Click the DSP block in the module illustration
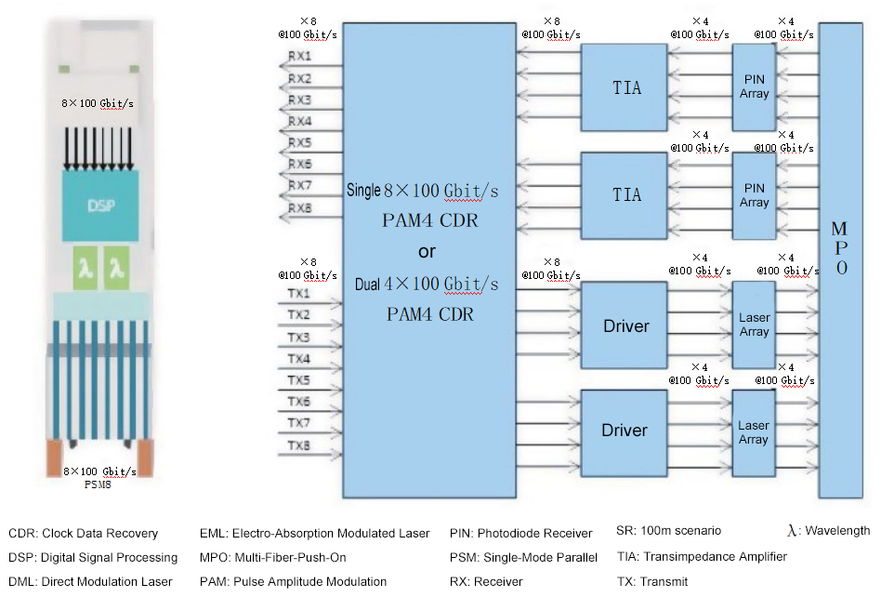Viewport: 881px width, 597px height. point(101,206)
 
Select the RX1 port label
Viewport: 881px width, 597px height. point(299,57)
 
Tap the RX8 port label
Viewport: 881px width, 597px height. point(299,207)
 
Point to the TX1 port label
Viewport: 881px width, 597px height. point(299,294)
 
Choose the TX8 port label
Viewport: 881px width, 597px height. point(299,446)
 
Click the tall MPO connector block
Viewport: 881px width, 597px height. point(840,260)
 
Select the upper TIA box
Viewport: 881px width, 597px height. point(625,88)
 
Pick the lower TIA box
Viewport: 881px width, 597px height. point(625,194)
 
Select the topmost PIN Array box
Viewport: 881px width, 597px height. point(754,87)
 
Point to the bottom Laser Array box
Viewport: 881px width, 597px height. point(754,432)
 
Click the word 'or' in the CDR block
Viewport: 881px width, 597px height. point(427,252)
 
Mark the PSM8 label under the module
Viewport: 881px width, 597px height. point(99,484)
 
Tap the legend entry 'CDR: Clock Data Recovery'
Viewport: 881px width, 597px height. point(84,534)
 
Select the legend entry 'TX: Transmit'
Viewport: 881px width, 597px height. point(653,582)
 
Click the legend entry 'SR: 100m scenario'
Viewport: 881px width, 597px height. point(668,531)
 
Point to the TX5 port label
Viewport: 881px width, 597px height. point(299,380)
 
